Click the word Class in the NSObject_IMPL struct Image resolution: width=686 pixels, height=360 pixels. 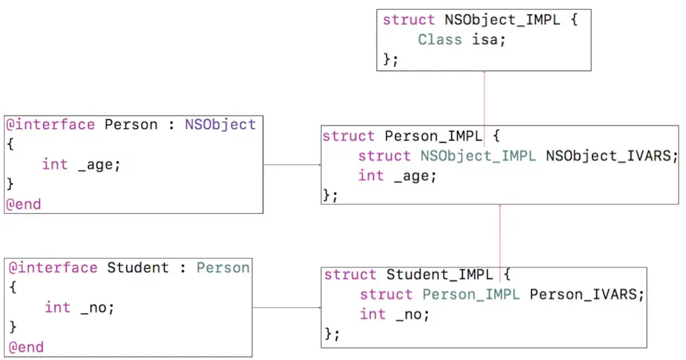click(x=440, y=40)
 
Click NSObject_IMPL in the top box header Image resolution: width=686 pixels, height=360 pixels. click(x=502, y=20)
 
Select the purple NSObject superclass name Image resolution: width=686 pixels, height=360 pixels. click(x=220, y=125)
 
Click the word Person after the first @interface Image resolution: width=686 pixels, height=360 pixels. click(x=131, y=125)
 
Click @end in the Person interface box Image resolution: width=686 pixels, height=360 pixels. click(x=23, y=204)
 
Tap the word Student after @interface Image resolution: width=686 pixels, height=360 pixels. click(x=138, y=267)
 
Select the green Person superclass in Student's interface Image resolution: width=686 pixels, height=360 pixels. click(x=223, y=267)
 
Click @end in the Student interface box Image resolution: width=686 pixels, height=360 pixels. click(x=26, y=348)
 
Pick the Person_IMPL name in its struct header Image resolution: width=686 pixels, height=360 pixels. click(x=433, y=136)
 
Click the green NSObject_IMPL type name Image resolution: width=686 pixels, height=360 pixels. click(x=477, y=156)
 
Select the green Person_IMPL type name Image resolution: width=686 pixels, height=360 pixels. click(x=471, y=295)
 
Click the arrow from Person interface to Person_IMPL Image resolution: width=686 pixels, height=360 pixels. click(x=292, y=165)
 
